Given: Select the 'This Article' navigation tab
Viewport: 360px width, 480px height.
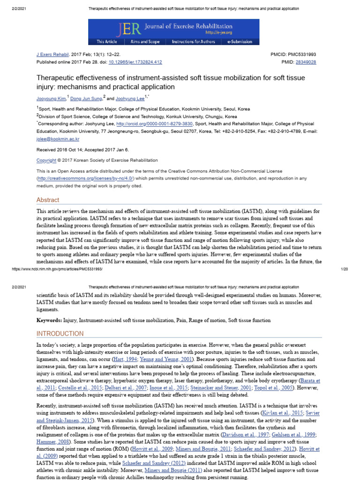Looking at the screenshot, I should click(107, 42).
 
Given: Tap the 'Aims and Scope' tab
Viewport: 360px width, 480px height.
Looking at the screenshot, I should click(145, 42).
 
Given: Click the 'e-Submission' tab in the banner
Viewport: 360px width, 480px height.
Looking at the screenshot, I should click(240, 42).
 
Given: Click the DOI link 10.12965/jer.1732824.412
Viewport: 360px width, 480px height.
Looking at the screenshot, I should click(135, 62).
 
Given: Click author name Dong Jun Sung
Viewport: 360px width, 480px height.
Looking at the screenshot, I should click(86, 98).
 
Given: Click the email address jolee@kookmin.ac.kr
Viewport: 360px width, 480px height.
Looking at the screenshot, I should click(58, 139).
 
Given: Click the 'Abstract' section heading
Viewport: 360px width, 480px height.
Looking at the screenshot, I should click(48, 200).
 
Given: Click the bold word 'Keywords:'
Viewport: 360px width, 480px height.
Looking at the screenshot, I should click(49, 320).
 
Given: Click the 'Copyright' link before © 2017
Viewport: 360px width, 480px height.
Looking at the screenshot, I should click(46, 160).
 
